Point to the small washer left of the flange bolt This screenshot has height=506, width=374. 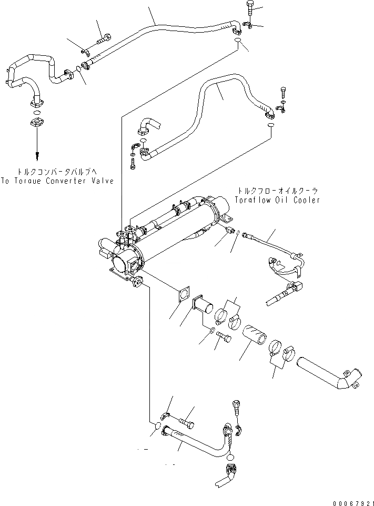point(210,331)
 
